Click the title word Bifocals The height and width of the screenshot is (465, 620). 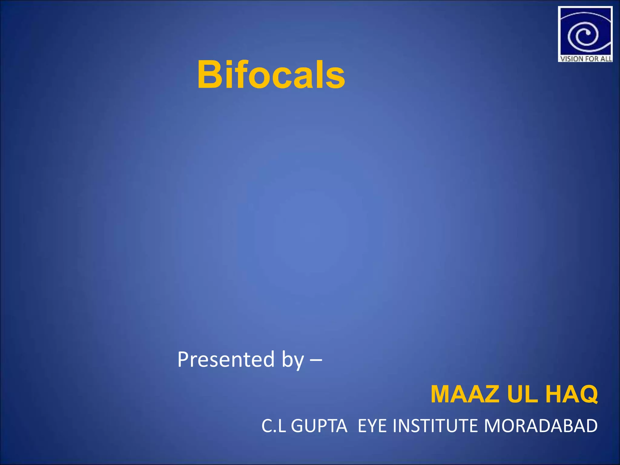click(x=271, y=74)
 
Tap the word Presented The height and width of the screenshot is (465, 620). click(x=226, y=359)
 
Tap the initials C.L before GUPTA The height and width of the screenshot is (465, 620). click(x=273, y=426)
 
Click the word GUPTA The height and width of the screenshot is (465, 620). click(x=319, y=426)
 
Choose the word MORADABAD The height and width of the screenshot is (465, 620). click(x=541, y=426)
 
